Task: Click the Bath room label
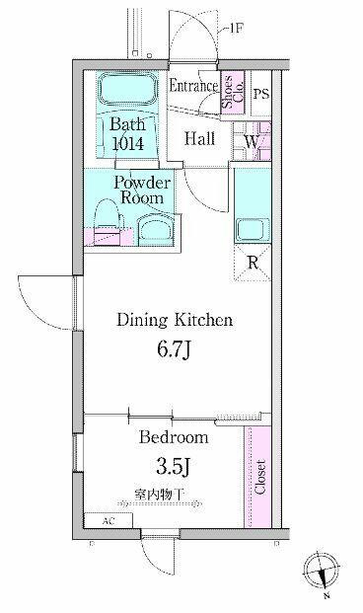[127, 124]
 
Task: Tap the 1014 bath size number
[128, 143]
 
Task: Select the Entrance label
[193, 86]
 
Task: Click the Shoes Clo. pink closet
[233, 93]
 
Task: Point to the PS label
[261, 94]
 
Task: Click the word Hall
[199, 138]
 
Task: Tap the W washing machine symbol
[253, 141]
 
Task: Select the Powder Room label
[142, 191]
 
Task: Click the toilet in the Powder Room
[108, 222]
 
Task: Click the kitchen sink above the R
[253, 231]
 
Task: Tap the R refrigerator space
[253, 264]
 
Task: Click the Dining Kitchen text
[175, 320]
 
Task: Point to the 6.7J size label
[174, 349]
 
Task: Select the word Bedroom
[174, 436]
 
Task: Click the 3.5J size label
[174, 466]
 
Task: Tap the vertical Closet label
[259, 477]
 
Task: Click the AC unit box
[109, 521]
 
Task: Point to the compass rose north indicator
[322, 571]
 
